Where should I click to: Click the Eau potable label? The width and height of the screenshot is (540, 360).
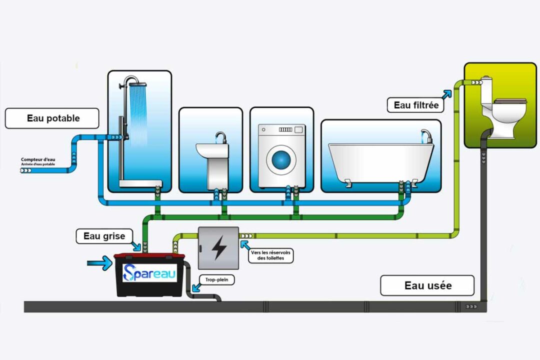[52, 118]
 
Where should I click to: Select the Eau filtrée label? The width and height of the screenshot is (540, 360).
[416, 105]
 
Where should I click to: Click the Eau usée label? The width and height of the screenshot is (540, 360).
[427, 285]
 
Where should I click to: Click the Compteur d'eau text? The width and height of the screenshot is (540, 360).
[37, 160]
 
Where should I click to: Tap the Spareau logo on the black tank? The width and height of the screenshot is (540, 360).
[149, 273]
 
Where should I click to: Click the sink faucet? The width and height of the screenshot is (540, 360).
[220, 136]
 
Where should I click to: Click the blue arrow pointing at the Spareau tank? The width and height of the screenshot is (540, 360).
[99, 262]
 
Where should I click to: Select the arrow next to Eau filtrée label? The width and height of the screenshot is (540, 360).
[447, 93]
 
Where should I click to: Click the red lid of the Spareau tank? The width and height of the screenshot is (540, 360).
[149, 255]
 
